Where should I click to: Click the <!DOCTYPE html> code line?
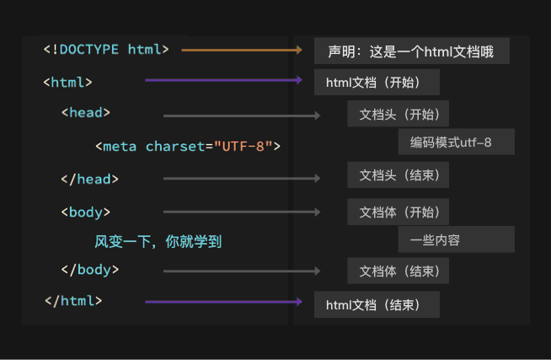106,49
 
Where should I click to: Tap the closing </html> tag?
73,300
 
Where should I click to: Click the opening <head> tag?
85,112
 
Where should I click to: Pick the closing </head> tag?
89,179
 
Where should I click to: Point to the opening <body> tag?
85,212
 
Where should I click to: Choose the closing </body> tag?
89,270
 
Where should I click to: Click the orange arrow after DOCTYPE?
241,51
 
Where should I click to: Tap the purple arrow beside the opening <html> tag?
223,81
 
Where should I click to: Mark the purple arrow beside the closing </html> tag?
223,301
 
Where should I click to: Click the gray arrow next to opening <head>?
241,116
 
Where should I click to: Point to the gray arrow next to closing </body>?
241,271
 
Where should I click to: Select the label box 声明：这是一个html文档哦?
412,51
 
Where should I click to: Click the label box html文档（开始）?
377,83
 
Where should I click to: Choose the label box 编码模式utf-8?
456,142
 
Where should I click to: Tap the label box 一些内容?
456,239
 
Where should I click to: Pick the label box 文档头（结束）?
398,175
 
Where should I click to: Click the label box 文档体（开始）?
398,211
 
